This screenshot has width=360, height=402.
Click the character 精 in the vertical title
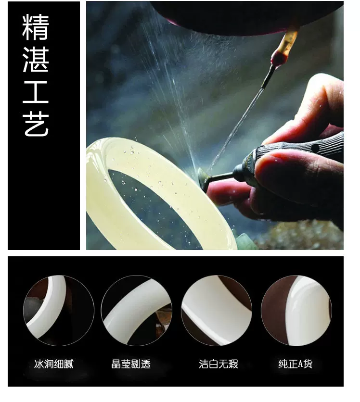coord(36,27)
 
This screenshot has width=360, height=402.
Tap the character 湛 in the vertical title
coord(36,59)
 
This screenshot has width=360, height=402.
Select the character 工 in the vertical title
coord(36,92)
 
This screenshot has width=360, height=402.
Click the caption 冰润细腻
coord(53,364)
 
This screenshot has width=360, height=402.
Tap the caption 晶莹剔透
coord(131,364)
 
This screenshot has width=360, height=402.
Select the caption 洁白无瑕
coord(219,364)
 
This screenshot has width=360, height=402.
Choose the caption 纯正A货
coord(296,364)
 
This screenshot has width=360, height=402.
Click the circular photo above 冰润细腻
coord(59,311)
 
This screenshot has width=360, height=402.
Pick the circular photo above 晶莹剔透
coord(137,311)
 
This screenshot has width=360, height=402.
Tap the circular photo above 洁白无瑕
coord(217,311)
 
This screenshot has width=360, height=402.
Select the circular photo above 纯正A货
coord(296,311)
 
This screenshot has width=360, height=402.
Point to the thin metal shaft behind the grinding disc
coord(221,176)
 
